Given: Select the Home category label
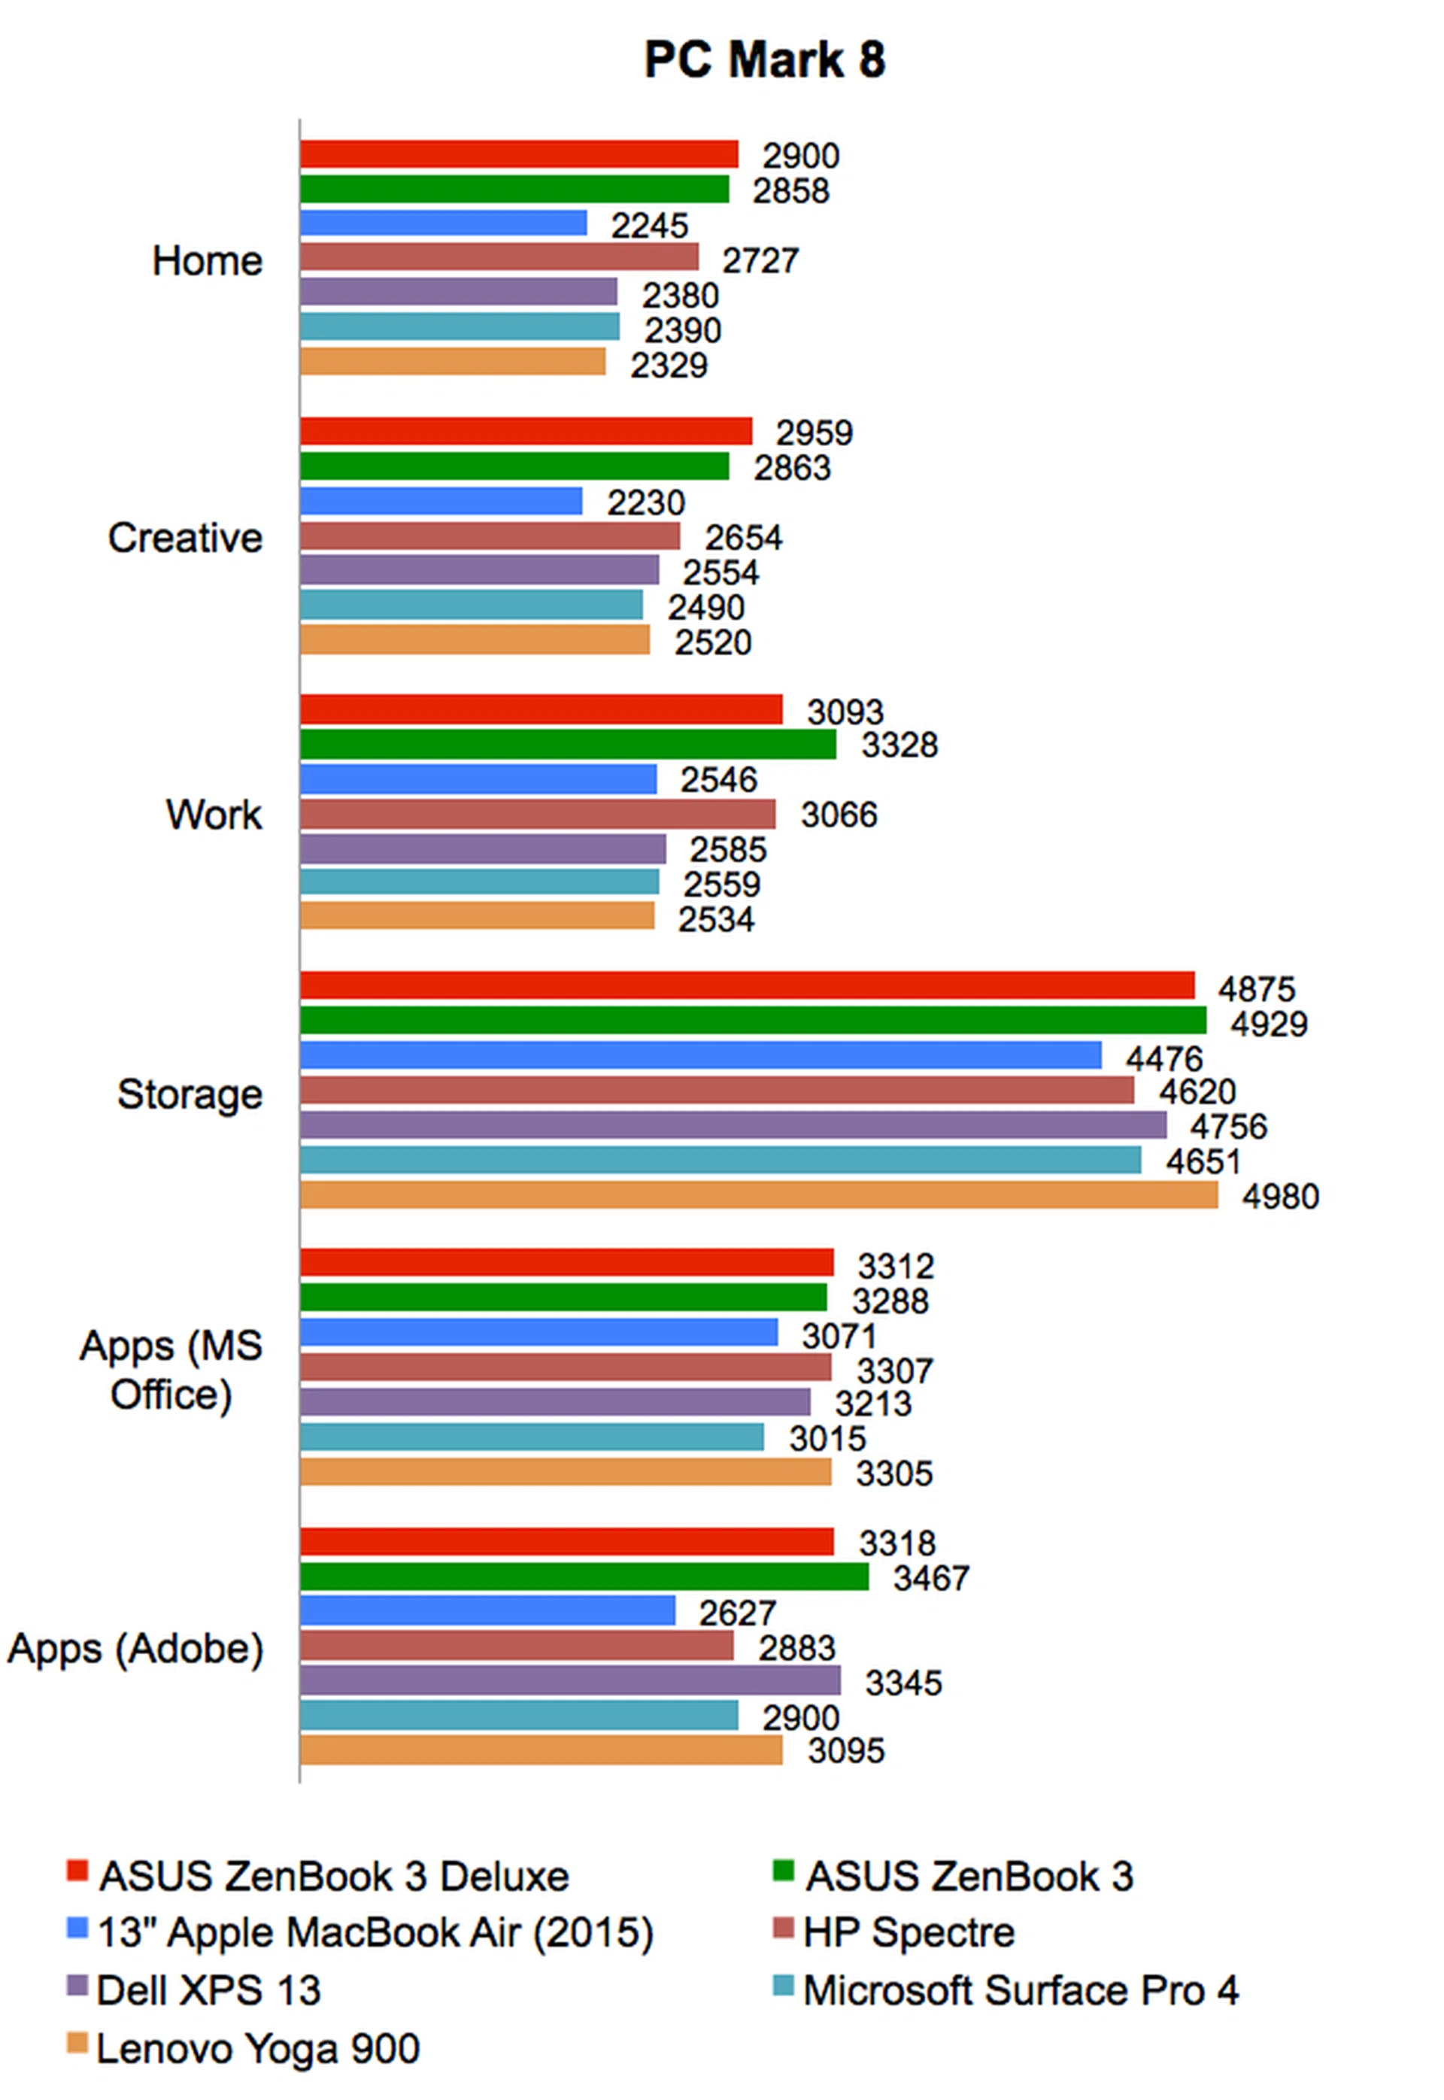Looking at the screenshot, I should pos(207,262).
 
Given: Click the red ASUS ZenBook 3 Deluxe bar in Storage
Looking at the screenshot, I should pos(746,985).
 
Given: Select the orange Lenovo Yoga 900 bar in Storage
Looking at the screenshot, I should pos(758,1195).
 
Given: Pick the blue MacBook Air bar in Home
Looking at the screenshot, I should pos(443,223).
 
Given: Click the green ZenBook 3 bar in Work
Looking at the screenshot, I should pos(567,745).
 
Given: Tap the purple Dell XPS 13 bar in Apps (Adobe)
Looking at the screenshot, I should pos(570,1680).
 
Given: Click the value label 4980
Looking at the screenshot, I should pos(1279,1197).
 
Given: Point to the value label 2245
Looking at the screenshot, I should pos(649,226).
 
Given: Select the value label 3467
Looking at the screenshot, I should pos(930,1578).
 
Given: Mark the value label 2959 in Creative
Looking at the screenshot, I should pos(814,432).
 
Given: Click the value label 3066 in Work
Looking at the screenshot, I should pos(838,815).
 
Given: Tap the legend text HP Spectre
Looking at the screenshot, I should pos(909,1932).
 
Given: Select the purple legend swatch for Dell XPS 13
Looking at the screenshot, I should pos(77,1987).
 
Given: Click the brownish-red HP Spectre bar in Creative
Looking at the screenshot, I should pos(490,536).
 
